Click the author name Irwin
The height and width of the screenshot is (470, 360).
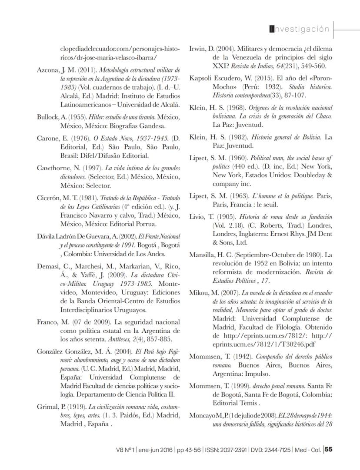(x=198, y=49)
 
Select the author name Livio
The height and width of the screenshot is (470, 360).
(x=198, y=216)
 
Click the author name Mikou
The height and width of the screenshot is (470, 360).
(x=200, y=292)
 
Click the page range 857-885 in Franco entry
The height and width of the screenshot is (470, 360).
(x=158, y=339)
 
